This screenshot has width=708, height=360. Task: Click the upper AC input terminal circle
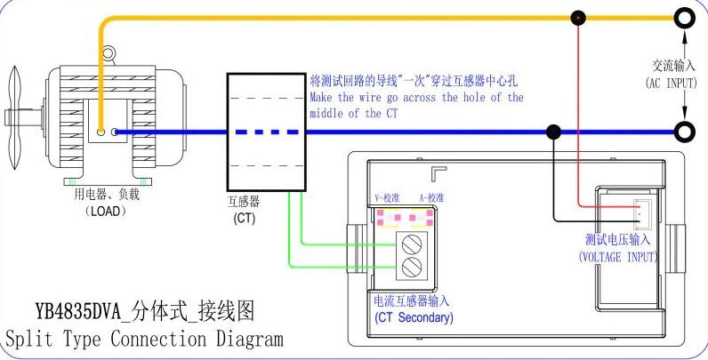pos(683,16)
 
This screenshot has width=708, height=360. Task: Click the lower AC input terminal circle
pos(683,132)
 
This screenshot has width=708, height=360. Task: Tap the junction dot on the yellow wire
pos(578,17)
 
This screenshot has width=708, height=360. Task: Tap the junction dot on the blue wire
pos(553,132)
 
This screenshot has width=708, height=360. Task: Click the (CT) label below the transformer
pos(244,217)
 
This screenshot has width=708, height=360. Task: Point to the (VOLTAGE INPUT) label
pos(618,256)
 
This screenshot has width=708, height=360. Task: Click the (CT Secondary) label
pos(414,317)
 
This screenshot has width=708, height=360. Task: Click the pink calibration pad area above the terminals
pos(405,218)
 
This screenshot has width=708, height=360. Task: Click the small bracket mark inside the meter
pos(437,172)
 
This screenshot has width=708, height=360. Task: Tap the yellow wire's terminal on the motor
pos(101,132)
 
